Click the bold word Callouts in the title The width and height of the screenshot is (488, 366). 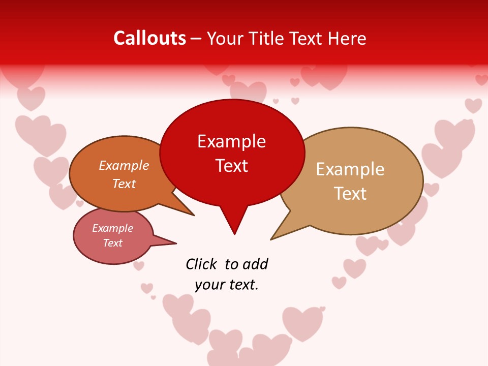coord(149,38)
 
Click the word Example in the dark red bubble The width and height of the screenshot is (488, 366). coord(231,141)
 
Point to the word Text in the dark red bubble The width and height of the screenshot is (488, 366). coord(231,166)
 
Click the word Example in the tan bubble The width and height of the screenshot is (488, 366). coord(350,169)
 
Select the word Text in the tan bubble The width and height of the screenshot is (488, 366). coord(350,194)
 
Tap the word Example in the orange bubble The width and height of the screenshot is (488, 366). coord(124,166)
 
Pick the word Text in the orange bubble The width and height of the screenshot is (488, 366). coord(124,184)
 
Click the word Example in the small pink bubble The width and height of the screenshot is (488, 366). coord(113,228)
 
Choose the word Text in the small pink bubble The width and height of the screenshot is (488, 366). coord(113,243)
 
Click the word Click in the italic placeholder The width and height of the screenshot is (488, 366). coord(201,264)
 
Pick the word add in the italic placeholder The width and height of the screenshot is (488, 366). coord(255,264)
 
